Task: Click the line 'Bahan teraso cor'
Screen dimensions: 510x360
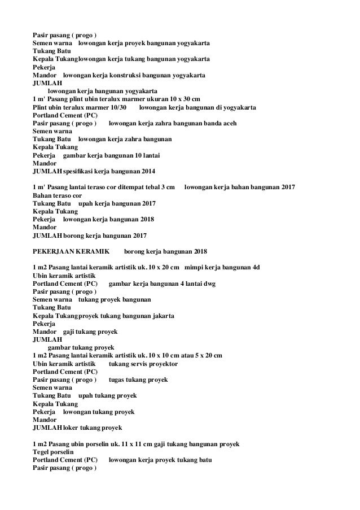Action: click(x=57, y=195)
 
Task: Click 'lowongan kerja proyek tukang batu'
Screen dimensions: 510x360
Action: click(x=160, y=460)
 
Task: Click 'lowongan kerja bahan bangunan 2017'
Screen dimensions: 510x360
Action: click(x=239, y=187)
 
